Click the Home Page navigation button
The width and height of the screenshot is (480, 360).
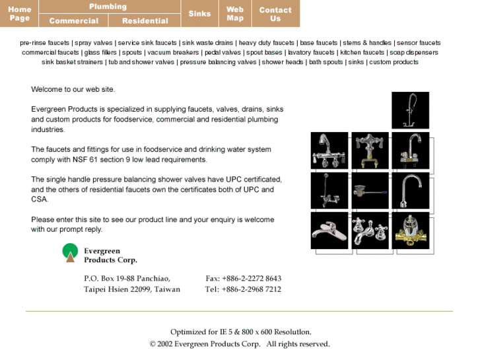click(20, 13)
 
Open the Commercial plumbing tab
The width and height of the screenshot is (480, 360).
click(74, 20)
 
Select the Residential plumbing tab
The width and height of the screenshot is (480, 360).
click(145, 20)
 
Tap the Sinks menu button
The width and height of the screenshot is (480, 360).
click(199, 13)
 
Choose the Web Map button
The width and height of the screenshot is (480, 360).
click(235, 13)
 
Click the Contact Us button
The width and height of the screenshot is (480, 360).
click(275, 13)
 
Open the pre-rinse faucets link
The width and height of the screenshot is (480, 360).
click(45, 43)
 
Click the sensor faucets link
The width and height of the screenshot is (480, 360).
click(419, 43)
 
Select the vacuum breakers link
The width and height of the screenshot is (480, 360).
click(173, 52)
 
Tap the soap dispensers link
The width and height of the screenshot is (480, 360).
click(414, 52)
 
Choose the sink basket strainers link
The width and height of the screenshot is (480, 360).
click(73, 62)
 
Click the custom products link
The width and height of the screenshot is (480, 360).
click(394, 62)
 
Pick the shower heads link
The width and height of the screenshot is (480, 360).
click(283, 62)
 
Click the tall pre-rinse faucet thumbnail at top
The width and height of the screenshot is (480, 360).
click(410, 110)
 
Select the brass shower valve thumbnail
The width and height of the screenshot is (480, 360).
click(410, 231)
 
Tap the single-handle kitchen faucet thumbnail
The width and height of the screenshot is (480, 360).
click(329, 231)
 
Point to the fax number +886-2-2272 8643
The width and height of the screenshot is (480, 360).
click(244, 278)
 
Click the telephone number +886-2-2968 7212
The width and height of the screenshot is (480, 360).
click(243, 289)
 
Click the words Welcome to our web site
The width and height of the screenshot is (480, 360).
click(73, 89)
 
